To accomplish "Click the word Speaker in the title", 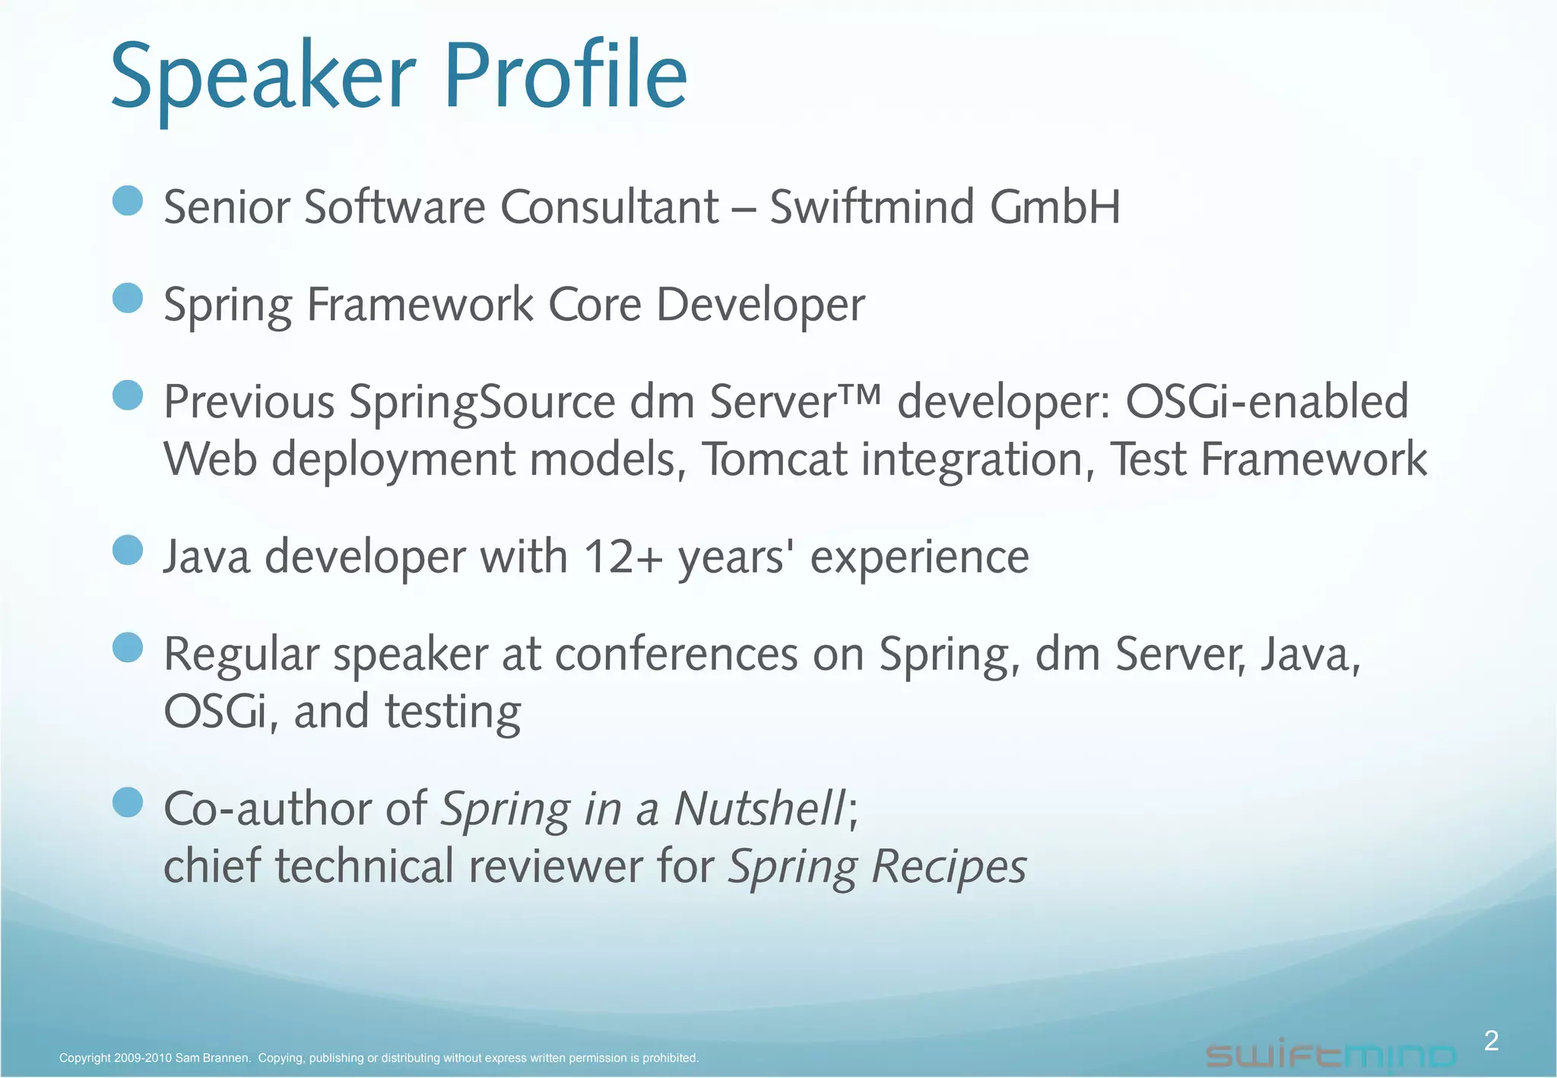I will [x=263, y=80].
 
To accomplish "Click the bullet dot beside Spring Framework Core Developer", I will [x=128, y=298].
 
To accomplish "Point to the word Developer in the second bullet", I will [x=759, y=306].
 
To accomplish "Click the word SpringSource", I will [x=482, y=403].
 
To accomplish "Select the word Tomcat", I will [x=774, y=460].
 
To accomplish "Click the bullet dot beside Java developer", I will [x=128, y=550].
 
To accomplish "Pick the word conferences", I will [x=677, y=655].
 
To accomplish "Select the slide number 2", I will [x=1491, y=1041].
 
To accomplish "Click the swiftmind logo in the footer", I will [x=1330, y=1055].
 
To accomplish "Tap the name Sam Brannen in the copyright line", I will [x=213, y=1058].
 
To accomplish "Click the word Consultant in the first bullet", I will [x=609, y=207].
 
